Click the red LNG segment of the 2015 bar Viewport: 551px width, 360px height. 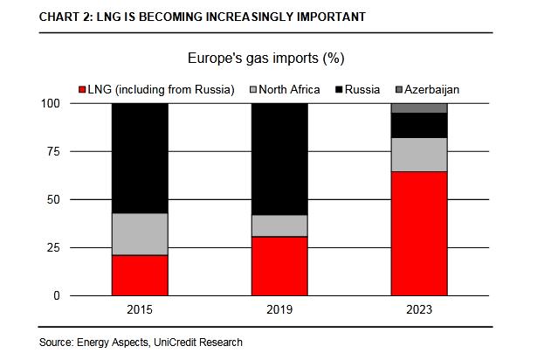pos(140,274)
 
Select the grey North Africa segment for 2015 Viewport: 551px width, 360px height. pos(140,233)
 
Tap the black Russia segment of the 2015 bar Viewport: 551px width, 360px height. pos(140,157)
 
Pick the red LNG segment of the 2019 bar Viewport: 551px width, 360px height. pos(279,266)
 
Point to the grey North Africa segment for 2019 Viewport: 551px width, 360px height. pos(279,225)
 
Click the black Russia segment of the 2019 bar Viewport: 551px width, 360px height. pos(279,158)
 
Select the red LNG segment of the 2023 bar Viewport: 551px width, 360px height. pos(419,233)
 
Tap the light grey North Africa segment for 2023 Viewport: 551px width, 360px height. pos(419,155)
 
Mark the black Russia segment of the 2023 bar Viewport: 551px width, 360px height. pos(419,125)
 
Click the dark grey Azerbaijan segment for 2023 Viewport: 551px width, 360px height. pos(419,107)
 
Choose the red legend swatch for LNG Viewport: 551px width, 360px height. pos(82,89)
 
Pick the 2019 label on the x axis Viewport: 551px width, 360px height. pos(279,310)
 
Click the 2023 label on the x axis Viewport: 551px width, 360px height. pos(419,310)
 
